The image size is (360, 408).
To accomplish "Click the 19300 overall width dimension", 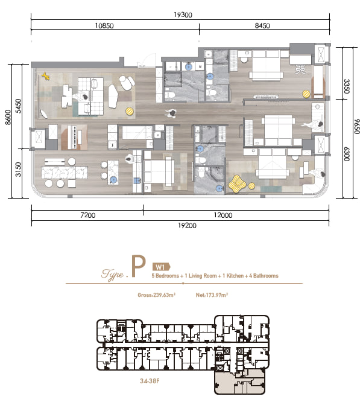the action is click(x=183, y=15).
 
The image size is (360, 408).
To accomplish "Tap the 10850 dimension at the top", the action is click(x=104, y=25).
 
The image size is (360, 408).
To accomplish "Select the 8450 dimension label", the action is click(x=262, y=25).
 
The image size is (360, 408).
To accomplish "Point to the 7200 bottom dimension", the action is click(x=88, y=215).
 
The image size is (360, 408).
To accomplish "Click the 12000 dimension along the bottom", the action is click(x=223, y=215).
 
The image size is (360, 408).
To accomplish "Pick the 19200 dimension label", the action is click(x=187, y=225).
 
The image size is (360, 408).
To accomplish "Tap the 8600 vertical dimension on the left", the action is click(x=8, y=117).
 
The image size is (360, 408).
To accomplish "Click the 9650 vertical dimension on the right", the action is click(x=356, y=127).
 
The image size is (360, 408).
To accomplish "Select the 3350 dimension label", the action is click(x=347, y=86).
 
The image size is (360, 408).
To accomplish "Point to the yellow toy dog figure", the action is click(x=46, y=76).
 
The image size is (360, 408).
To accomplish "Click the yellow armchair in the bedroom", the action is click(x=237, y=184).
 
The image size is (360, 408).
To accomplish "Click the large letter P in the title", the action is click(x=138, y=266).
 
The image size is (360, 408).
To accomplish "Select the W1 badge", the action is click(x=161, y=267).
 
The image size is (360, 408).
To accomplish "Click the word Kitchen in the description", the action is click(x=235, y=276).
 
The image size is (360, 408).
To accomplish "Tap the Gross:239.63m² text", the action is click(x=156, y=295).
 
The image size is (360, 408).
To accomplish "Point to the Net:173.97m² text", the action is click(x=212, y=295).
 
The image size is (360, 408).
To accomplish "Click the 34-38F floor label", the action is click(x=150, y=381).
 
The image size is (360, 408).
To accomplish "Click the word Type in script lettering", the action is click(x=112, y=275).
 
